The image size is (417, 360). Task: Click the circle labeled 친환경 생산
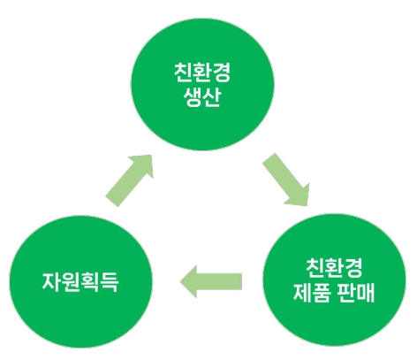(x=202, y=84)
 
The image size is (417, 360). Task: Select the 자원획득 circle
(x=81, y=281)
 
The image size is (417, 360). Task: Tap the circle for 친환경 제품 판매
(x=334, y=280)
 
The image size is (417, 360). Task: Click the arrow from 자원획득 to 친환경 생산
(x=130, y=180)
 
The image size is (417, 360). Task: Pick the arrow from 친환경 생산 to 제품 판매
(x=286, y=180)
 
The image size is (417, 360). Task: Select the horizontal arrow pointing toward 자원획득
(x=211, y=281)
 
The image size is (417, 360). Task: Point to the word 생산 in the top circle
(x=202, y=97)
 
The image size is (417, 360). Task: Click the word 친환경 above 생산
(x=202, y=73)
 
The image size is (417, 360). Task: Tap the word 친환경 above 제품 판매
(x=334, y=267)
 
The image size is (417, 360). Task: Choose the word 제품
(x=312, y=293)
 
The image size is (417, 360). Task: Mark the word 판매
(x=356, y=293)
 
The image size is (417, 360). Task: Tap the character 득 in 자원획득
(x=109, y=282)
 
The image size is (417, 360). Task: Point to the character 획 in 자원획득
(x=90, y=282)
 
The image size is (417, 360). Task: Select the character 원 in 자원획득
(x=71, y=282)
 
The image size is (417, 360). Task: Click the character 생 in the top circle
(x=193, y=97)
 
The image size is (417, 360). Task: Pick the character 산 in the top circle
(x=211, y=97)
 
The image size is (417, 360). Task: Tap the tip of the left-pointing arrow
(x=180, y=282)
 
